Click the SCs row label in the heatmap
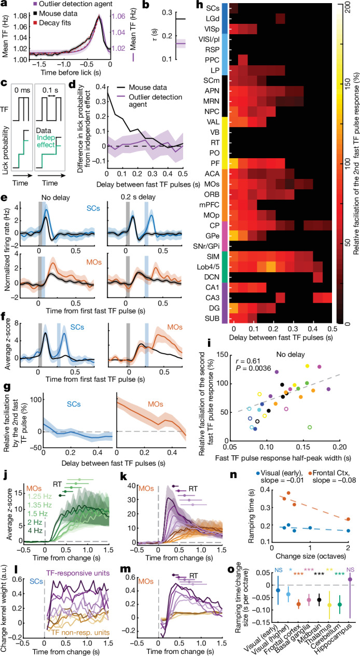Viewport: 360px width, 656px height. point(212,8)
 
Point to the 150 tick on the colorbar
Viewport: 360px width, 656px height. point(348,85)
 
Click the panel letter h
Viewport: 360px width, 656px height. point(200,4)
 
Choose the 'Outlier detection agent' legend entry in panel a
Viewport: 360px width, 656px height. point(73,4)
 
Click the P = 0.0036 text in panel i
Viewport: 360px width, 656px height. point(253,368)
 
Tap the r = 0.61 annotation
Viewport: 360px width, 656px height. point(247,361)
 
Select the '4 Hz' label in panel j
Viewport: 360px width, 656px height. point(35,531)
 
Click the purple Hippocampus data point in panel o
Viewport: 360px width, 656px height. point(350,579)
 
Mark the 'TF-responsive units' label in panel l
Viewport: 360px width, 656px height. point(78,573)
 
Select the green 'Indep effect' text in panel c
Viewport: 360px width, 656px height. point(46,141)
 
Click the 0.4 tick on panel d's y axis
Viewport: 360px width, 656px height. point(101,87)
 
